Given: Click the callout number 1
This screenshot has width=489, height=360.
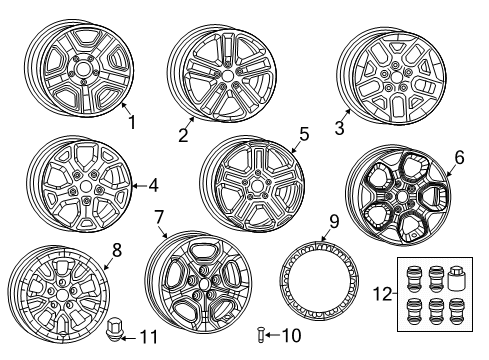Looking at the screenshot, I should (x=129, y=124).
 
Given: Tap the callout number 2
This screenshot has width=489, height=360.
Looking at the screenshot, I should (x=183, y=135).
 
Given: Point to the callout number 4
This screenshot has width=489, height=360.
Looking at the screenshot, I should (x=153, y=185).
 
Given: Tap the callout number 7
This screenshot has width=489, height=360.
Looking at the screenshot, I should (x=159, y=216).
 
